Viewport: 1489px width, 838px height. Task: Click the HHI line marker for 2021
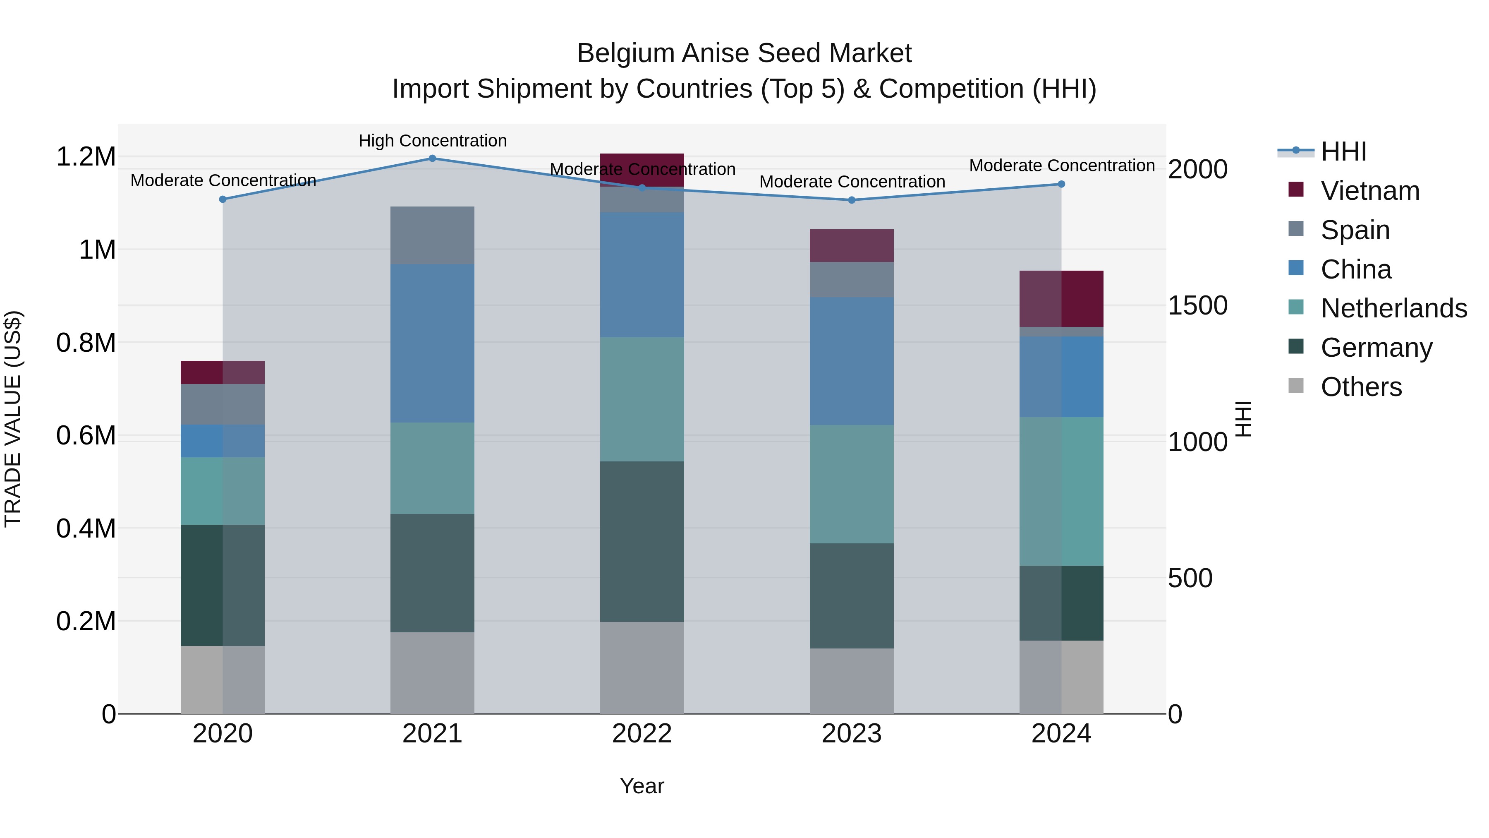[432, 158]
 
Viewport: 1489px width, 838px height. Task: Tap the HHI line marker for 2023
[852, 200]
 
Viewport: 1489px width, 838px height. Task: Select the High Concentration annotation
[432, 141]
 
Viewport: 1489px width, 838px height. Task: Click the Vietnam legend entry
[1369, 191]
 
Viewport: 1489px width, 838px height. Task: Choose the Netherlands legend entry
[1393, 308]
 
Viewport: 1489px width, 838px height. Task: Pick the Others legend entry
[1361, 387]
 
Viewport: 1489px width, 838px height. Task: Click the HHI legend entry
[1343, 151]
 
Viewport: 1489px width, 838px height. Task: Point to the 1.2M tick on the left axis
[86, 157]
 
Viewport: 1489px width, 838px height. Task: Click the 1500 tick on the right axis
[1197, 305]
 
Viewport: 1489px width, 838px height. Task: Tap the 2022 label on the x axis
[642, 734]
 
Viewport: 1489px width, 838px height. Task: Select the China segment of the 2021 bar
[432, 343]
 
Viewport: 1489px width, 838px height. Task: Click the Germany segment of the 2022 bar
[642, 541]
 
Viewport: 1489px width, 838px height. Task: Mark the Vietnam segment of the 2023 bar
[852, 245]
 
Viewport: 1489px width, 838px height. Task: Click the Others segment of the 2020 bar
[223, 680]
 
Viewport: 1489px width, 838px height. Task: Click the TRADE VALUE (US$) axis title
[13, 419]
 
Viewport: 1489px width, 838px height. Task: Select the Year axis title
[642, 786]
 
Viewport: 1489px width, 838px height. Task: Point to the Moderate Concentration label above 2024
[1061, 166]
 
